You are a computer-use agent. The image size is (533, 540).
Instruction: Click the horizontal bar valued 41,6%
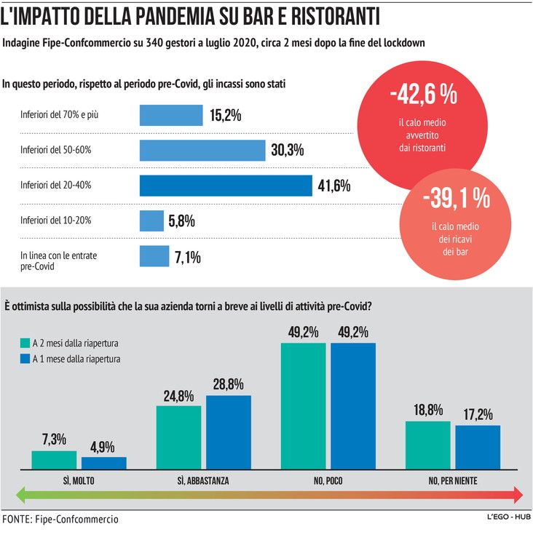tap(226, 186)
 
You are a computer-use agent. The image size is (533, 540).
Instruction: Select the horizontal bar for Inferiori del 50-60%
tap(202, 151)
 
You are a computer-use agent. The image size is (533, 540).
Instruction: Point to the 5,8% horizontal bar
tap(151, 221)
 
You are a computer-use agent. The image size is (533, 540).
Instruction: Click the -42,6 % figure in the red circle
tap(423, 95)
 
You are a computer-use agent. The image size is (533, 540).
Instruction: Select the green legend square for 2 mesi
tap(25, 343)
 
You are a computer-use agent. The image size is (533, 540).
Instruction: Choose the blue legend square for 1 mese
tap(25, 359)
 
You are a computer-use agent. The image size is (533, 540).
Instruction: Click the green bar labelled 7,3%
tap(54, 459)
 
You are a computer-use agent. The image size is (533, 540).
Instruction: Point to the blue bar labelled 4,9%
tap(103, 462)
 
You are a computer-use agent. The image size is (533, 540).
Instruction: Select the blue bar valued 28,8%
tap(228, 432)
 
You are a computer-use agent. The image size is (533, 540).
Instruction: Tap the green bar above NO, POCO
tap(303, 405)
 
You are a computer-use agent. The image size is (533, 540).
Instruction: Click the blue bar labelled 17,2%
tap(478, 446)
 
